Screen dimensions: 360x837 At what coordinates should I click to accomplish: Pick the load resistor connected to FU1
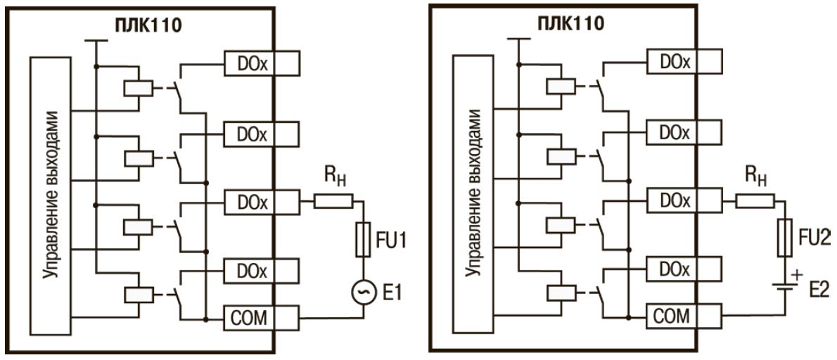coord(333,202)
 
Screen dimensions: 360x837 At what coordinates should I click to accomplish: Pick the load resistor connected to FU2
coord(755,202)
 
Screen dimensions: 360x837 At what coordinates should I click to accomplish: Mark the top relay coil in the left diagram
coord(134,89)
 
